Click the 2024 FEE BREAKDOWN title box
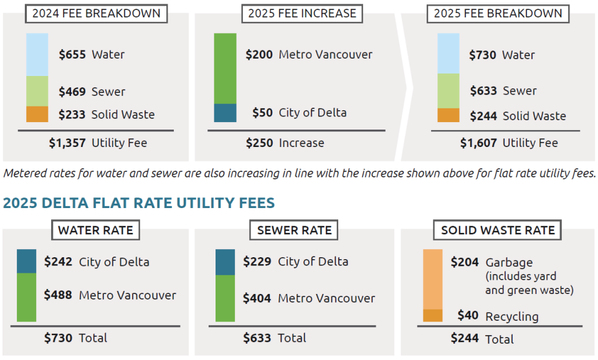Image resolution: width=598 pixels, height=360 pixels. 96,13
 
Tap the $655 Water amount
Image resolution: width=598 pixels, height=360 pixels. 72,55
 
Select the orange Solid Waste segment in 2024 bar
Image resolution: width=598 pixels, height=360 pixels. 37,114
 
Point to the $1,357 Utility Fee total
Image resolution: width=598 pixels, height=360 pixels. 67,143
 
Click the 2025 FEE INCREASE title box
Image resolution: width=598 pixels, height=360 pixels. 302,13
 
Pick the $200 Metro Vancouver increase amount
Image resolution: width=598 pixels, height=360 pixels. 259,55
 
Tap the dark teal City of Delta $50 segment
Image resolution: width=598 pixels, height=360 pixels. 225,113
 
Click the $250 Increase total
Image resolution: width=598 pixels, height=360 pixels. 259,143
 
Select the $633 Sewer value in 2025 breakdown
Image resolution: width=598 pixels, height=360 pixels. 482,91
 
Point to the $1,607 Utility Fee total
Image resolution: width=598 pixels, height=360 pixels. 478,143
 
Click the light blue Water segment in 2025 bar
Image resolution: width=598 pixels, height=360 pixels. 448,53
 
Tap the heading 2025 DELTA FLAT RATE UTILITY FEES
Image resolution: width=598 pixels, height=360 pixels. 139,203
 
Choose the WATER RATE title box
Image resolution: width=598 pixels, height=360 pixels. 95,230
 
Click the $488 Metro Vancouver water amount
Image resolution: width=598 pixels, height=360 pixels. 58,295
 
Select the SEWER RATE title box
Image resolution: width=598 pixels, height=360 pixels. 295,230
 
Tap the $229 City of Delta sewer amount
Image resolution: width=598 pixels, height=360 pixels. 257,262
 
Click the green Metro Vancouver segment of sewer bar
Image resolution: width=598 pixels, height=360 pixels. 225,298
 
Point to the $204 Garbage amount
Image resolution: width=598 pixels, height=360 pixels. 464,262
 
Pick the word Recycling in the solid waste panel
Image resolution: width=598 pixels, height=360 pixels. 511,316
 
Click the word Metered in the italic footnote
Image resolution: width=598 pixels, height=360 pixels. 25,174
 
